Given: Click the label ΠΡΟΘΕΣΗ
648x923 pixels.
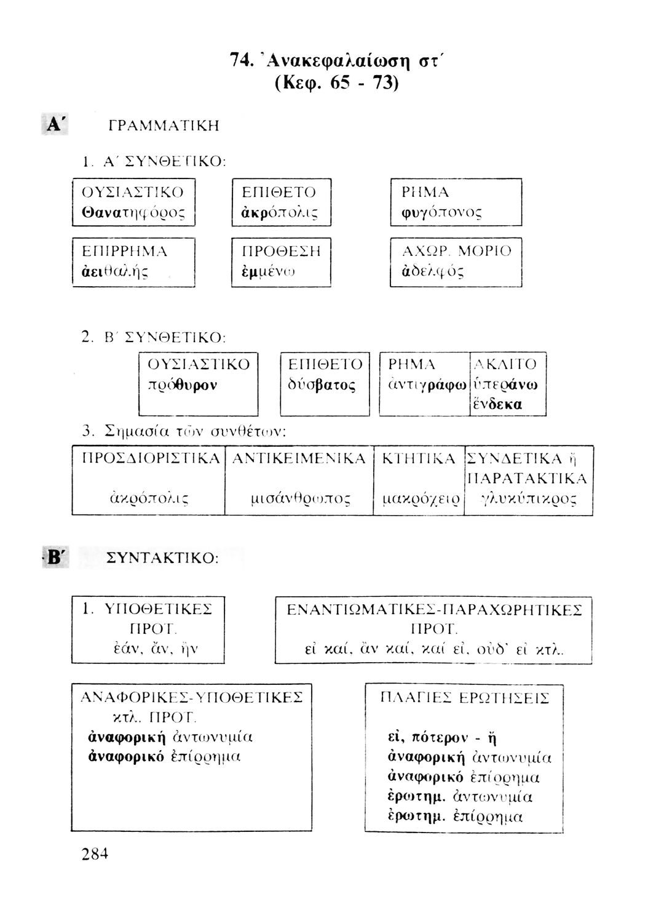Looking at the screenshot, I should pos(280,251).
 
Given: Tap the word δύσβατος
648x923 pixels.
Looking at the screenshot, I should pos(322,385).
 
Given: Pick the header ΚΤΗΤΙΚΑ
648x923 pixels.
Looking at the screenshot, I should pos(419,458).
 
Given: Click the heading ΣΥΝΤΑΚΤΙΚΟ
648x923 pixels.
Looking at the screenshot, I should pos(162,558).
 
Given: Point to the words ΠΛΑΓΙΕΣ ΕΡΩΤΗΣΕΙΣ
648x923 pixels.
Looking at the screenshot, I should pos(465,698).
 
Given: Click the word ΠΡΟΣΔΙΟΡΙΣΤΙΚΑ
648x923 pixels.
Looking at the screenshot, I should pos(151,458).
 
